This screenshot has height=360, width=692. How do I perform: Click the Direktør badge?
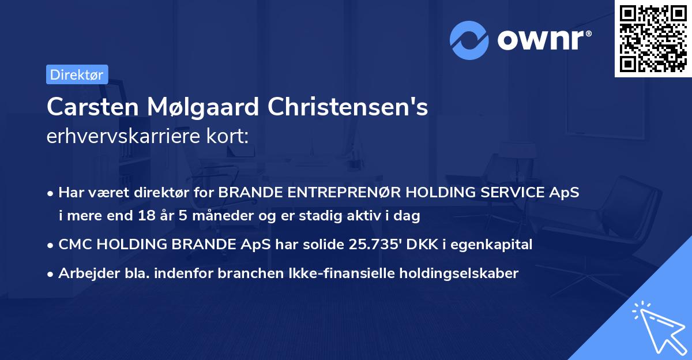tap(77, 74)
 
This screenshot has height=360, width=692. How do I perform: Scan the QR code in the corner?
tap(652, 38)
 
